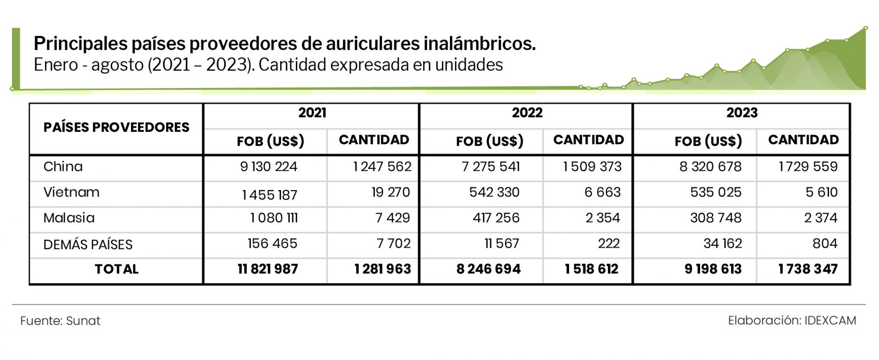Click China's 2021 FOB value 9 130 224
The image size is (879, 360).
point(269,167)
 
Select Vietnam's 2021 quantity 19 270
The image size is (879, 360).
point(391,192)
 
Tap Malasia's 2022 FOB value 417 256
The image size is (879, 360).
point(496,218)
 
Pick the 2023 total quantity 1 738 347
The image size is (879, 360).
point(808,269)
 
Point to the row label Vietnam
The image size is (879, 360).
point(71,192)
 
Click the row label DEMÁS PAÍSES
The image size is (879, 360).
point(88,245)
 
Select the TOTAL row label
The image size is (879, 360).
point(116,269)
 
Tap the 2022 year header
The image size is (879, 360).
point(527,113)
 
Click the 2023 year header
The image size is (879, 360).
point(742,113)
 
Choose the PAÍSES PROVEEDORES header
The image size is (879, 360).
point(116,127)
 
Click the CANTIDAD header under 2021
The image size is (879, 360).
point(374,140)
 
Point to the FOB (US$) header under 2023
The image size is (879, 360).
point(708,141)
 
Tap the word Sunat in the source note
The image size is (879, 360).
point(83,321)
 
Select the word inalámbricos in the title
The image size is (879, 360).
point(479,44)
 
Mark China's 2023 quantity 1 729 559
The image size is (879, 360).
point(808,167)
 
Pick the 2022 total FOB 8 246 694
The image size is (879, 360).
point(488,269)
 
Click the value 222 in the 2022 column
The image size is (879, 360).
point(608,244)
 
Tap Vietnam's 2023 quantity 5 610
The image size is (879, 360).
point(821,192)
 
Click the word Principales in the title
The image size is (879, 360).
point(81,44)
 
